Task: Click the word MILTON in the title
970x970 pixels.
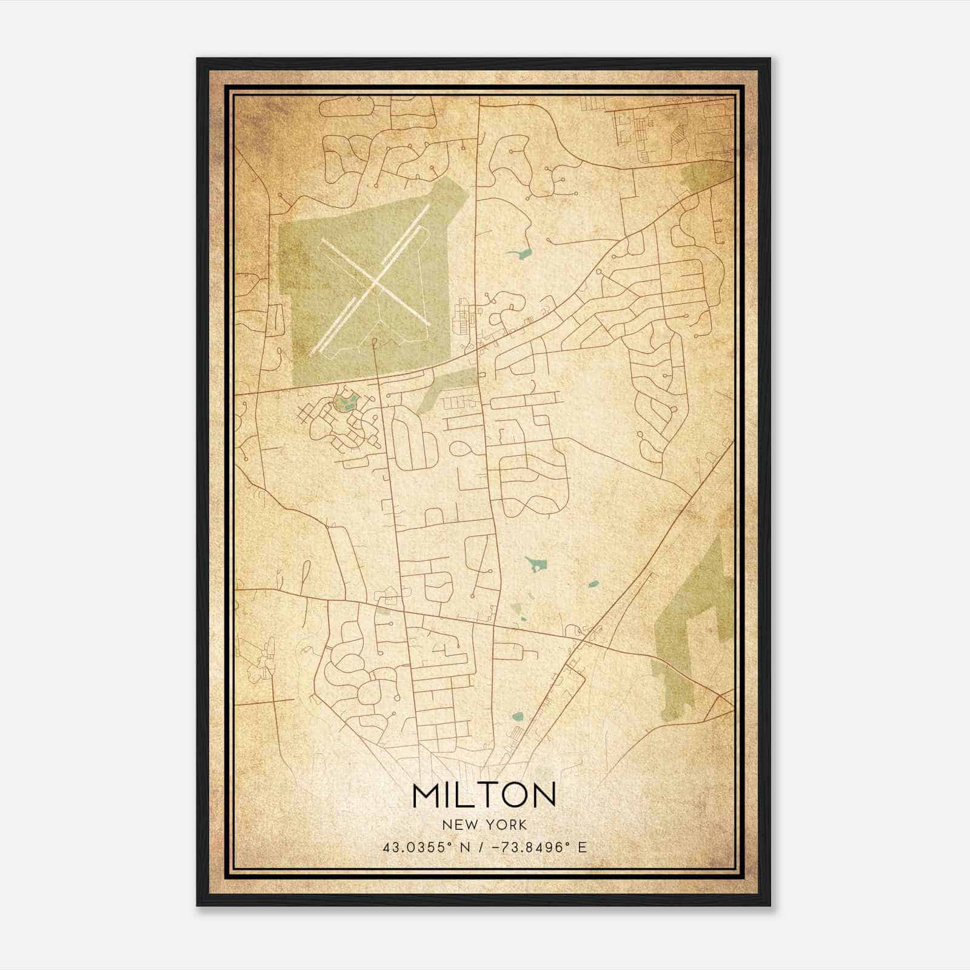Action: (484, 794)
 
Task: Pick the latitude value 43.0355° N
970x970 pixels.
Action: (425, 847)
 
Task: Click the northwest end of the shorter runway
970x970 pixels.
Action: (323, 241)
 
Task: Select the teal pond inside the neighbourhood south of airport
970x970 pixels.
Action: (348, 401)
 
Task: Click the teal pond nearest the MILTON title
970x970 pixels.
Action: (517, 717)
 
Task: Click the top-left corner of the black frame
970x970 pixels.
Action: (198, 59)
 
